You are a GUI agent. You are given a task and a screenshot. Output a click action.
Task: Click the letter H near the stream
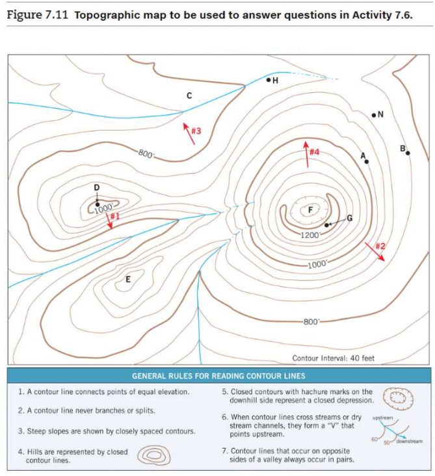pos(275,81)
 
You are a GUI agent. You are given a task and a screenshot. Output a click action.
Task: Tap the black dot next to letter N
pos(373,115)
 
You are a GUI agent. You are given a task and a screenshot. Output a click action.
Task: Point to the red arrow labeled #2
pos(375,251)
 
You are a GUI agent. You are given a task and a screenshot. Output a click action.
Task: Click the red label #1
pos(115,216)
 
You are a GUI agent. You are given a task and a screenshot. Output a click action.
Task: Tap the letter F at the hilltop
pos(310,209)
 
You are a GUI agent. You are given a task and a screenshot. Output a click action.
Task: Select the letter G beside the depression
pos(349,218)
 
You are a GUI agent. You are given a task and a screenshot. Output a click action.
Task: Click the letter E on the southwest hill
pos(127,280)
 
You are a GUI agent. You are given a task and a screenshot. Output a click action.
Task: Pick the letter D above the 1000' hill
pos(96,187)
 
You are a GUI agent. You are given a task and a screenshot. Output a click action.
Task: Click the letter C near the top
pos(189,96)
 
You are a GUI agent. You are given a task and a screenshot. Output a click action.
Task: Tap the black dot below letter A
pos(367,161)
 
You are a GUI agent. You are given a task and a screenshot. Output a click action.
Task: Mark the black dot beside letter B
pos(408,153)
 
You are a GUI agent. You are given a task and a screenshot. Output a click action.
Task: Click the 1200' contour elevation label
pos(310,234)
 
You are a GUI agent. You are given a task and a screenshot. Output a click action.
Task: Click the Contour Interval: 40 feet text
pos(333,358)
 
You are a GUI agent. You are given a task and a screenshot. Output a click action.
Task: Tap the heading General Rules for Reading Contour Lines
pos(218,376)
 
